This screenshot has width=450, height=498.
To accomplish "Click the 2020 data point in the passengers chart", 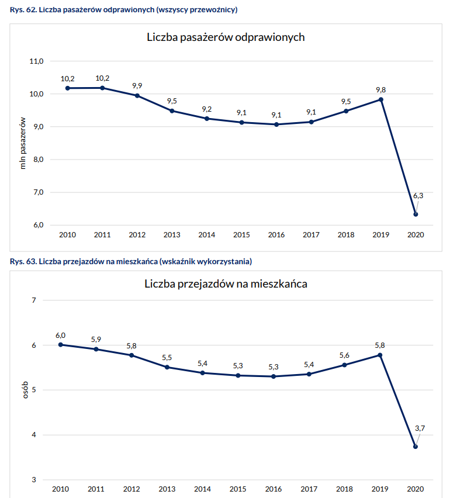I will coord(416,215).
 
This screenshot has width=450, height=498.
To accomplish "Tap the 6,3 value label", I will coord(418,196).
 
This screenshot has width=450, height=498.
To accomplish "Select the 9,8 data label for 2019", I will coord(380,89).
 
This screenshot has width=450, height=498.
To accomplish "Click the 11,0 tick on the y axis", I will coord(37,61).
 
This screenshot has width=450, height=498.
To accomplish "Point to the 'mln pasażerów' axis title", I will coord(23,143).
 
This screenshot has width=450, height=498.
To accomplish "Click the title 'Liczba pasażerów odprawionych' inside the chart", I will coord(226,38).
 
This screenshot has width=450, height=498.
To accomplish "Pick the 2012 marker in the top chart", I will coord(137,95).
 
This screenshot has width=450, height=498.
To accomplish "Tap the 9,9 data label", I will coord(137,85).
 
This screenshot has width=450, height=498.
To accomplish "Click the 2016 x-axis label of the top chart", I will coord(276,235).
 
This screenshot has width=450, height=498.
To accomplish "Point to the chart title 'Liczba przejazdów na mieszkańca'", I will coord(226,285).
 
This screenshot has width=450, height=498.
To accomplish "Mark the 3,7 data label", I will coord(420,428).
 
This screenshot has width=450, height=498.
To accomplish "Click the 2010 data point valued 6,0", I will coord(61,345).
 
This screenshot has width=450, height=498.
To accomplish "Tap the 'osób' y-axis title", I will coord(25,390).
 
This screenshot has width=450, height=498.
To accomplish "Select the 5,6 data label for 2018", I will coord(344,355).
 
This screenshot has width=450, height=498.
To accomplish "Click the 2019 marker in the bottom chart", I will coord(380,355).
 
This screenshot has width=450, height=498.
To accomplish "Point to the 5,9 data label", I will coord(96,340).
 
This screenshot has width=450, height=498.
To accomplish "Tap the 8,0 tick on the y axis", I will coord(37,160).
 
